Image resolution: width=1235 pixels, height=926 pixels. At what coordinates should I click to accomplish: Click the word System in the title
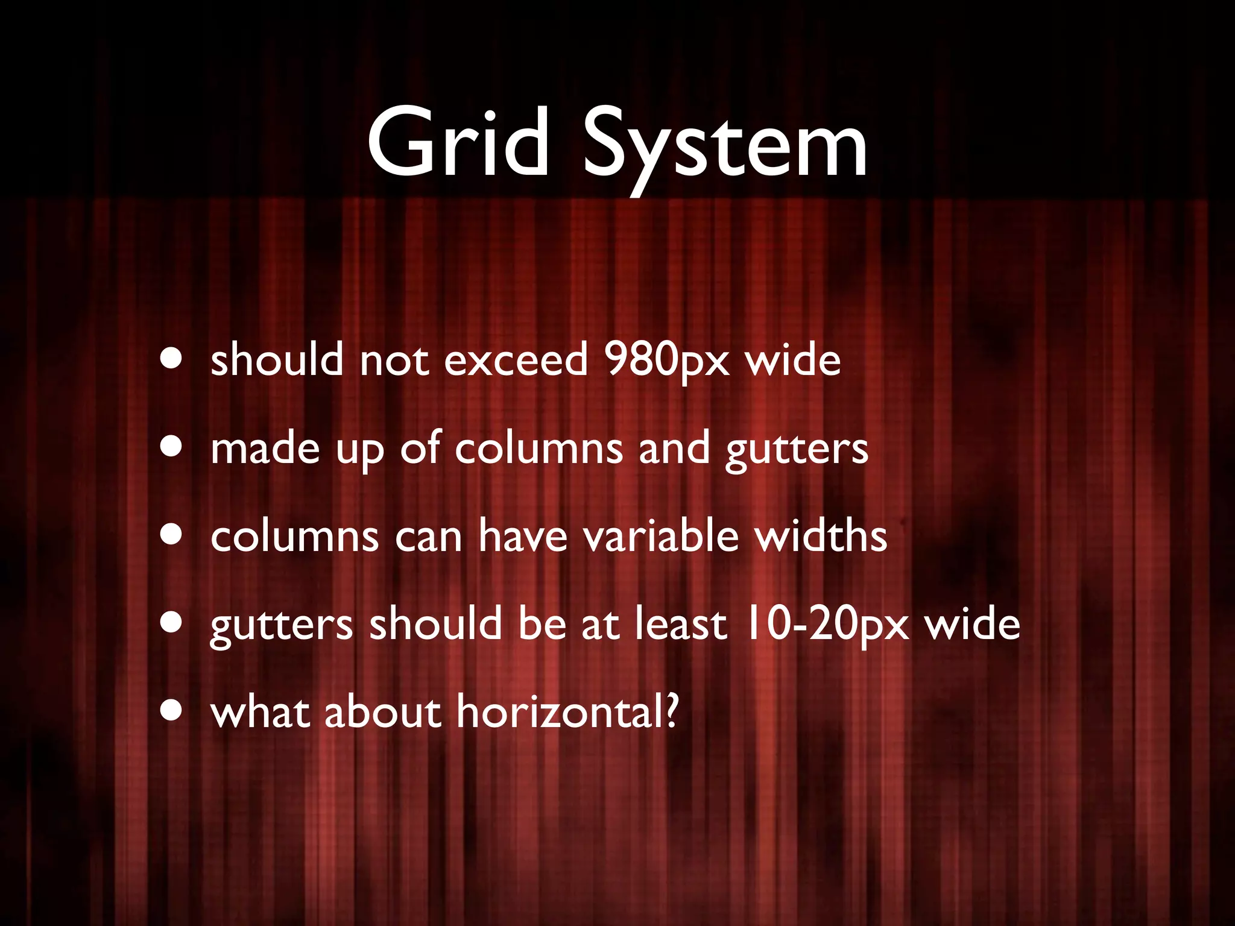point(724,145)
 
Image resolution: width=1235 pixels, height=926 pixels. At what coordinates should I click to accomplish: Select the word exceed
point(516,361)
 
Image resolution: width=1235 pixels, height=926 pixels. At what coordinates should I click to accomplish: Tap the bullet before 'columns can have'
point(172,535)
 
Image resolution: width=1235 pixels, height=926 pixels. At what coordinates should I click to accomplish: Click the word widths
point(821,535)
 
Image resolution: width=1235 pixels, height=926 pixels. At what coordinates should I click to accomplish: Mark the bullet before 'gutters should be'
point(172,623)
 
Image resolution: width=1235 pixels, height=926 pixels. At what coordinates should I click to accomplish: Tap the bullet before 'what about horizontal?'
point(172,711)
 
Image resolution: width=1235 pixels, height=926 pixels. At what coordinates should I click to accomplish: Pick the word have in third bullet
point(523,535)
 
